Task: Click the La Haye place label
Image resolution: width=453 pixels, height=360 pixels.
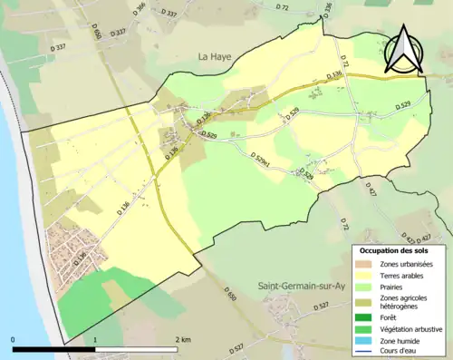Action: (x=215, y=56)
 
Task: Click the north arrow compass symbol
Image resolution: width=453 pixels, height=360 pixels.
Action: (x=403, y=49)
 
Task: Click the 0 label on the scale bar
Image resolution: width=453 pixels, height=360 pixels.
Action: (x=14, y=340)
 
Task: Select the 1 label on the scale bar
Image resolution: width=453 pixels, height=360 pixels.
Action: (x=95, y=340)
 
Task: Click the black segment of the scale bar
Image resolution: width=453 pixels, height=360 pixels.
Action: (x=54, y=349)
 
